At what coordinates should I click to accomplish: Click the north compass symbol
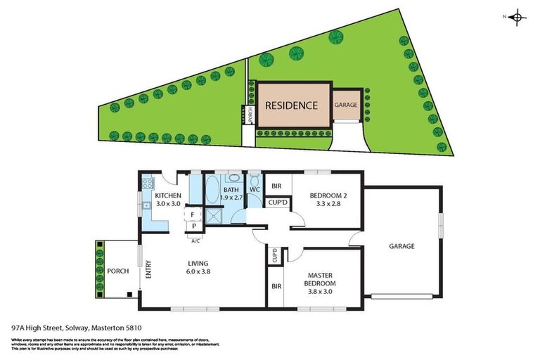coord(517,18)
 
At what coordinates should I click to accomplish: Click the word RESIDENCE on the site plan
coord(291,105)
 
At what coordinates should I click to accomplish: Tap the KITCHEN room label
coord(169,195)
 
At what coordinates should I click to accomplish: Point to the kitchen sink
coord(146,206)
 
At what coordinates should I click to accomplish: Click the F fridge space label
coord(192,214)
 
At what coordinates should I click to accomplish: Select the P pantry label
coord(192,226)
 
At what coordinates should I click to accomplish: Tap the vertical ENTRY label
coord(148,271)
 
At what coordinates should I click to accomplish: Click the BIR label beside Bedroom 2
coord(277,186)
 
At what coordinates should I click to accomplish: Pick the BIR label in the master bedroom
coord(276,287)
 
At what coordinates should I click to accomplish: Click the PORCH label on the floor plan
coord(118,271)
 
